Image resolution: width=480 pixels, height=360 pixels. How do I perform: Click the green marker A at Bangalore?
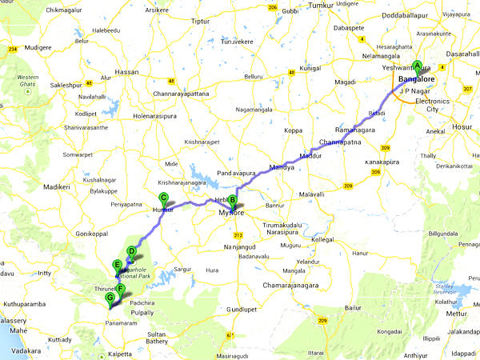[x=416, y=68]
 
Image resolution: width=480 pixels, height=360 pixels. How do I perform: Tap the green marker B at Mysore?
[x=233, y=202]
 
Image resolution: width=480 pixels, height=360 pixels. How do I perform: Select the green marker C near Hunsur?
[x=163, y=198]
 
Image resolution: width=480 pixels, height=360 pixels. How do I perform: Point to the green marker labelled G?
[x=110, y=298]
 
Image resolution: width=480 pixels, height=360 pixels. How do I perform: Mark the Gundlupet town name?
[x=240, y=308]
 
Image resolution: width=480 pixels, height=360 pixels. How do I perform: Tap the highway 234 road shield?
[x=12, y=50]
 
